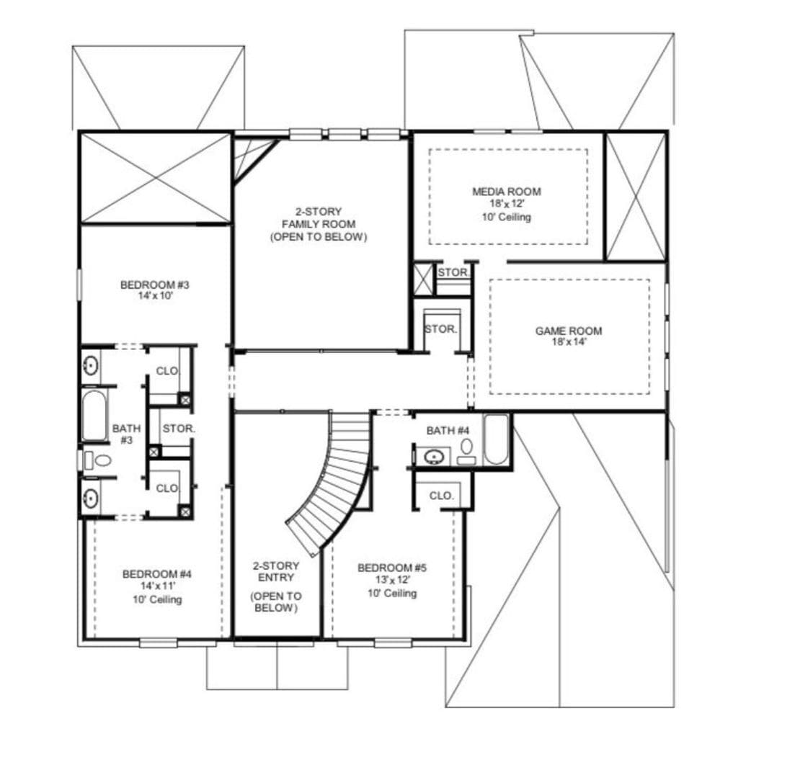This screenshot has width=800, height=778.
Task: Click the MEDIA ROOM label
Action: click(506, 192)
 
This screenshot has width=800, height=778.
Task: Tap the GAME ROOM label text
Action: click(568, 331)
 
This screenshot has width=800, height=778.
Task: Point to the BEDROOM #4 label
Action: click(156, 574)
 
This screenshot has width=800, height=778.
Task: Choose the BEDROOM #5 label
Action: click(392, 568)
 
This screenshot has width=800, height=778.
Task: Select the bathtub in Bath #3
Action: click(94, 416)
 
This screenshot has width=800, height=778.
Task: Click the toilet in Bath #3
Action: click(99, 460)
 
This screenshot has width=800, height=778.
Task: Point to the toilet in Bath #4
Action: click(466, 448)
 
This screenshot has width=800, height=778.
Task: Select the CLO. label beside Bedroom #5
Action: click(441, 496)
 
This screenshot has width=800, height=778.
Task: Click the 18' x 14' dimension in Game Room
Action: click(568, 342)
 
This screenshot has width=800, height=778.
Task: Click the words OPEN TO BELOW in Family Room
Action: click(319, 237)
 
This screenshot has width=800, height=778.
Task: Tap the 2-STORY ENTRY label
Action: click(275, 572)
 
